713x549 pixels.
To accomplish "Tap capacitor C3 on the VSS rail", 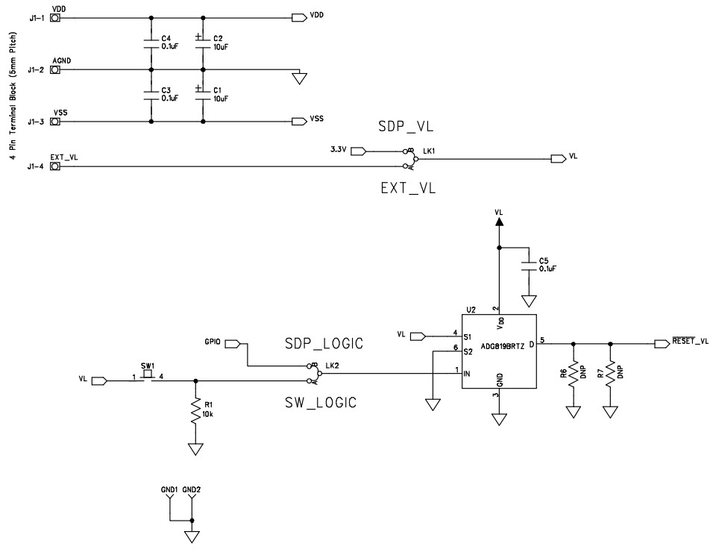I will [152, 95].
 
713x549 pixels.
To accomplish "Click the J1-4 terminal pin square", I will [54, 166].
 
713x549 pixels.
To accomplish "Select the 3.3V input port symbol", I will [357, 151].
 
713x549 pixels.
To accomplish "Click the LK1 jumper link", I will [409, 157].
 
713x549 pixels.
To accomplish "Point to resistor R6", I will [573, 372].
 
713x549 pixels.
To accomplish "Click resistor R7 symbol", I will [611, 372].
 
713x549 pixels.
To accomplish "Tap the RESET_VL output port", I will [662, 343].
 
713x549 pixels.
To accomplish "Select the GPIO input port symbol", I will [232, 343].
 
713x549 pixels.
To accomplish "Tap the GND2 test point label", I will [192, 490].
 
